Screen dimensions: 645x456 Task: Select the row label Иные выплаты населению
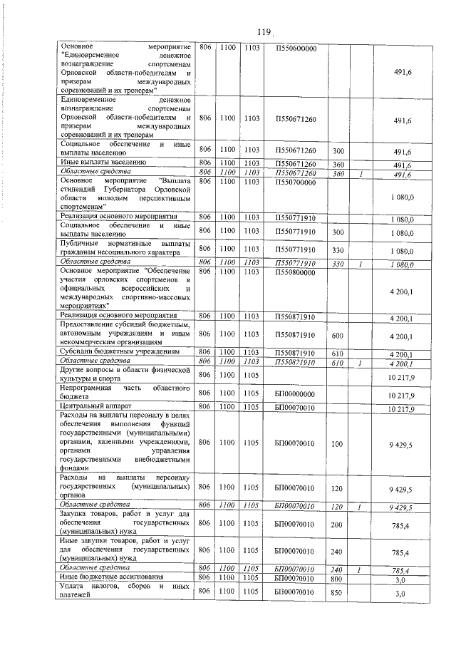(x=103, y=163)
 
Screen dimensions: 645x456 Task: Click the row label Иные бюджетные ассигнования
(x=108, y=577)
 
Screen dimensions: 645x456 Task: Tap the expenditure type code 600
(x=338, y=334)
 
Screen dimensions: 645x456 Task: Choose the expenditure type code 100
(x=338, y=443)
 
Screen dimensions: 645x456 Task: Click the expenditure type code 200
(x=338, y=523)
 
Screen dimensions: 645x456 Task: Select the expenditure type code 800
(x=338, y=577)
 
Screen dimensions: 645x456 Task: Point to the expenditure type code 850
(x=338, y=591)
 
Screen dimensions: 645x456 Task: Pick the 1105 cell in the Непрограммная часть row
(x=251, y=393)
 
